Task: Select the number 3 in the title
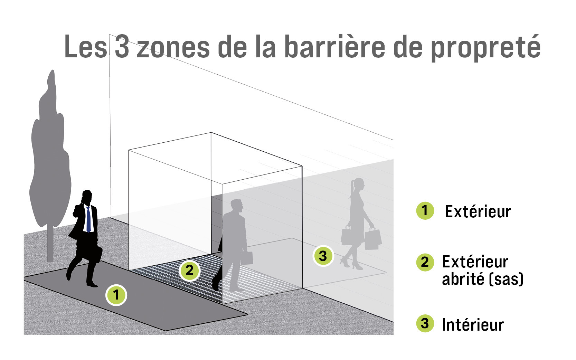pos(122,46)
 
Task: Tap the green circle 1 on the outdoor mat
pos(116,295)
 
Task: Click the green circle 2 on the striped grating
pos(190,271)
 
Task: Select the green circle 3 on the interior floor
pos(323,256)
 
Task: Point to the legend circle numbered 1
pos(425,211)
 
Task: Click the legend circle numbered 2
pos(425,262)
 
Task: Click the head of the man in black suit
pos(87,197)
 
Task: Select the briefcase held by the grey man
pos(247,258)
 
